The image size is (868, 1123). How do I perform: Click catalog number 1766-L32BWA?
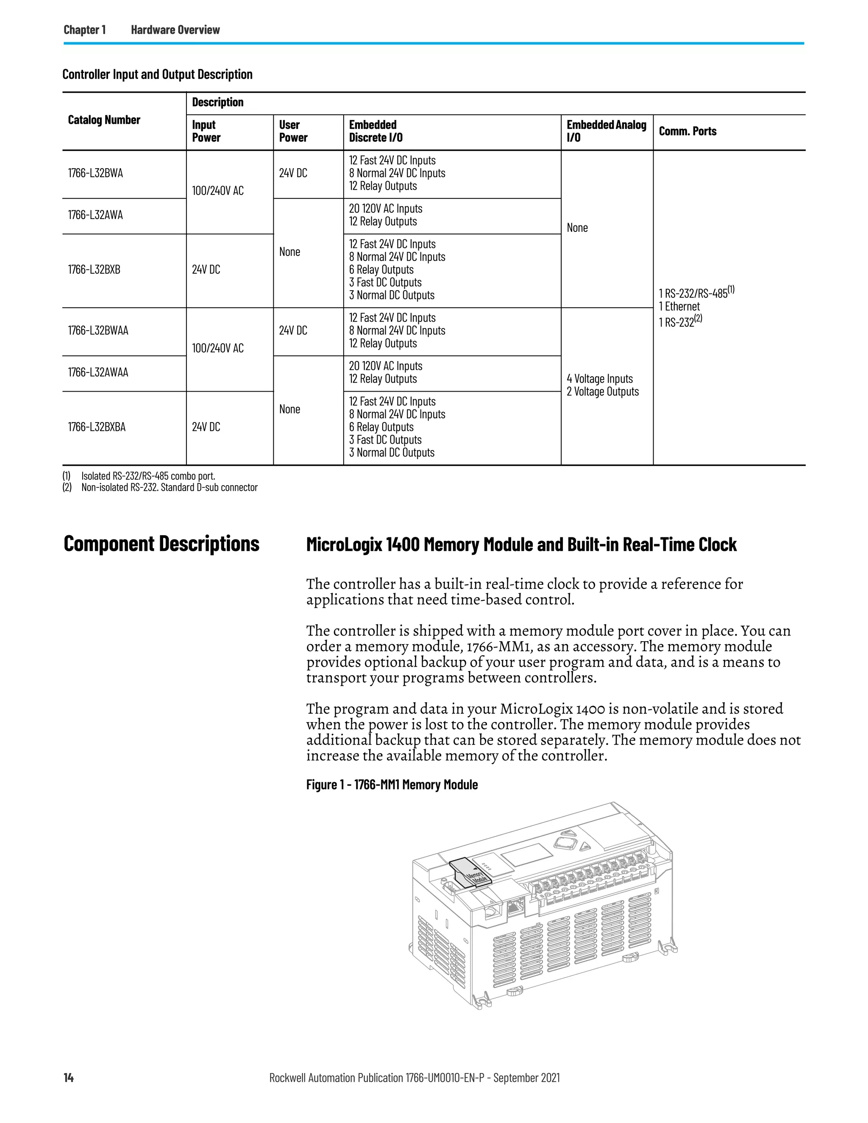point(96,173)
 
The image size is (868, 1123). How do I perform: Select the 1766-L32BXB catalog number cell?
point(94,270)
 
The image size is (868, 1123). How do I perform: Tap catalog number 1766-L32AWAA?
point(98,372)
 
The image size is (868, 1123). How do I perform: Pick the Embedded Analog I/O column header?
point(606,131)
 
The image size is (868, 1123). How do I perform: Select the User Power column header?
point(293,131)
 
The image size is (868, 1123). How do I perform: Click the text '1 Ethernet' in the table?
point(679,306)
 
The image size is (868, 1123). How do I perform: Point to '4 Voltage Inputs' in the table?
point(600,379)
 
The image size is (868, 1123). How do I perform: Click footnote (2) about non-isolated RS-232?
point(169,487)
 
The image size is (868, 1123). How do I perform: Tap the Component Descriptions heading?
point(161,544)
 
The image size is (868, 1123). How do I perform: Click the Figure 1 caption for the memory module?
point(392,785)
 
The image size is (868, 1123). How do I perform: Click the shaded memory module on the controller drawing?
point(470,874)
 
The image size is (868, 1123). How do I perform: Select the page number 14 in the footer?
point(68,1078)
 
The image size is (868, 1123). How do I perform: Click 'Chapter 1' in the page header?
point(85,30)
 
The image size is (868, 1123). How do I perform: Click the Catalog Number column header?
point(104,120)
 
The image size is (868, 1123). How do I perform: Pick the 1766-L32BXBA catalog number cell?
point(97,427)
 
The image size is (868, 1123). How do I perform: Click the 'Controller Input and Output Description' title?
point(157,75)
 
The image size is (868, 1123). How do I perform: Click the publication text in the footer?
point(415,1078)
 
